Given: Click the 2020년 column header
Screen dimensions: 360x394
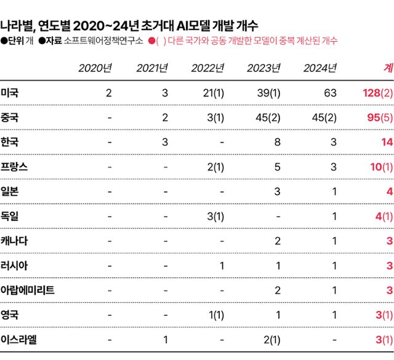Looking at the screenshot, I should [x=95, y=68].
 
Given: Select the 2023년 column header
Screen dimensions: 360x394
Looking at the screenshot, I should [x=263, y=68].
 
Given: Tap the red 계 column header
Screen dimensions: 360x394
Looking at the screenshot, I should [x=388, y=68].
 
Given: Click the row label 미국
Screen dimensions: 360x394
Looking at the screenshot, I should [x=10, y=93].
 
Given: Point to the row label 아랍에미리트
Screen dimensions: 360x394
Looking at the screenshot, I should [x=28, y=290].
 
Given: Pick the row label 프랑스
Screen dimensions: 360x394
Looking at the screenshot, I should [x=14, y=167].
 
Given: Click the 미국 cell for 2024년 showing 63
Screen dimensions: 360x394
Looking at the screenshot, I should [x=330, y=93].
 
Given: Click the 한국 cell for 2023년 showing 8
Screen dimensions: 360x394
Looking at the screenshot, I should [x=278, y=142].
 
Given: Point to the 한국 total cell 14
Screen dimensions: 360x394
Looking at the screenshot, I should [x=387, y=142].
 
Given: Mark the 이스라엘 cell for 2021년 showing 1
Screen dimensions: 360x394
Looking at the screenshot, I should [x=165, y=339].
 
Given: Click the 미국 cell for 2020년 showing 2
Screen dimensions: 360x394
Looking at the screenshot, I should [x=109, y=93].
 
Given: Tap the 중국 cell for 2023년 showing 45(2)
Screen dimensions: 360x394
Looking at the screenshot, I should [x=268, y=118].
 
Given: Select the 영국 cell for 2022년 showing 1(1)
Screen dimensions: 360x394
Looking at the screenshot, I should [x=215, y=314].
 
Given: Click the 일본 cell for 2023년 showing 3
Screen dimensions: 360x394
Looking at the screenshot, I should [x=278, y=191].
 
